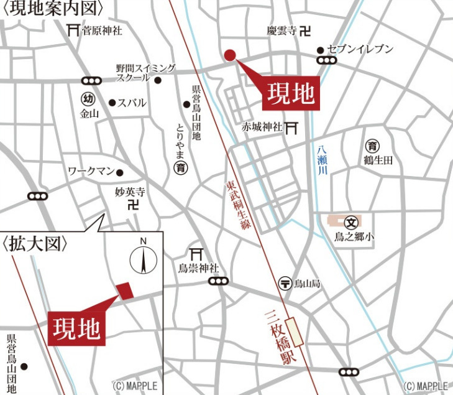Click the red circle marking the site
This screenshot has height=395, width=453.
pos(229,55)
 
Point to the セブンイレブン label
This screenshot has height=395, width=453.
pos(360,49)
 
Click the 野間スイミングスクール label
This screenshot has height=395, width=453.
pos(145,73)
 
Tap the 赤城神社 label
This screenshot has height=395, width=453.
pos(262,127)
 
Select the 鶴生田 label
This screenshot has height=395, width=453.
pos(378,160)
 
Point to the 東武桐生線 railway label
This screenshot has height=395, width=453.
pos(239,206)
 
